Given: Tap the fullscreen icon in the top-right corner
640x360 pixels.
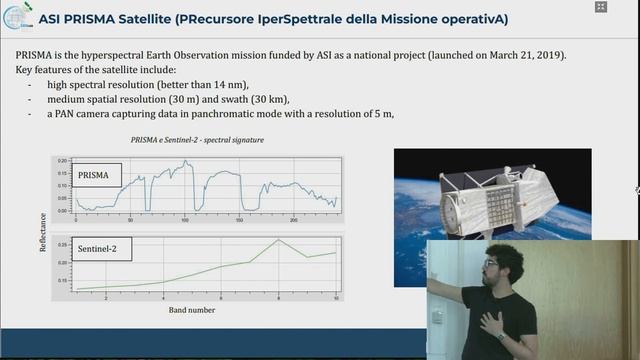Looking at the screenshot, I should click(x=600, y=7).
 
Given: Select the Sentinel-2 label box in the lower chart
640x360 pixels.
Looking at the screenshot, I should click(x=99, y=246).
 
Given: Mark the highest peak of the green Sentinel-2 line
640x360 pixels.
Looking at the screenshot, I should click(x=278, y=240).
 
